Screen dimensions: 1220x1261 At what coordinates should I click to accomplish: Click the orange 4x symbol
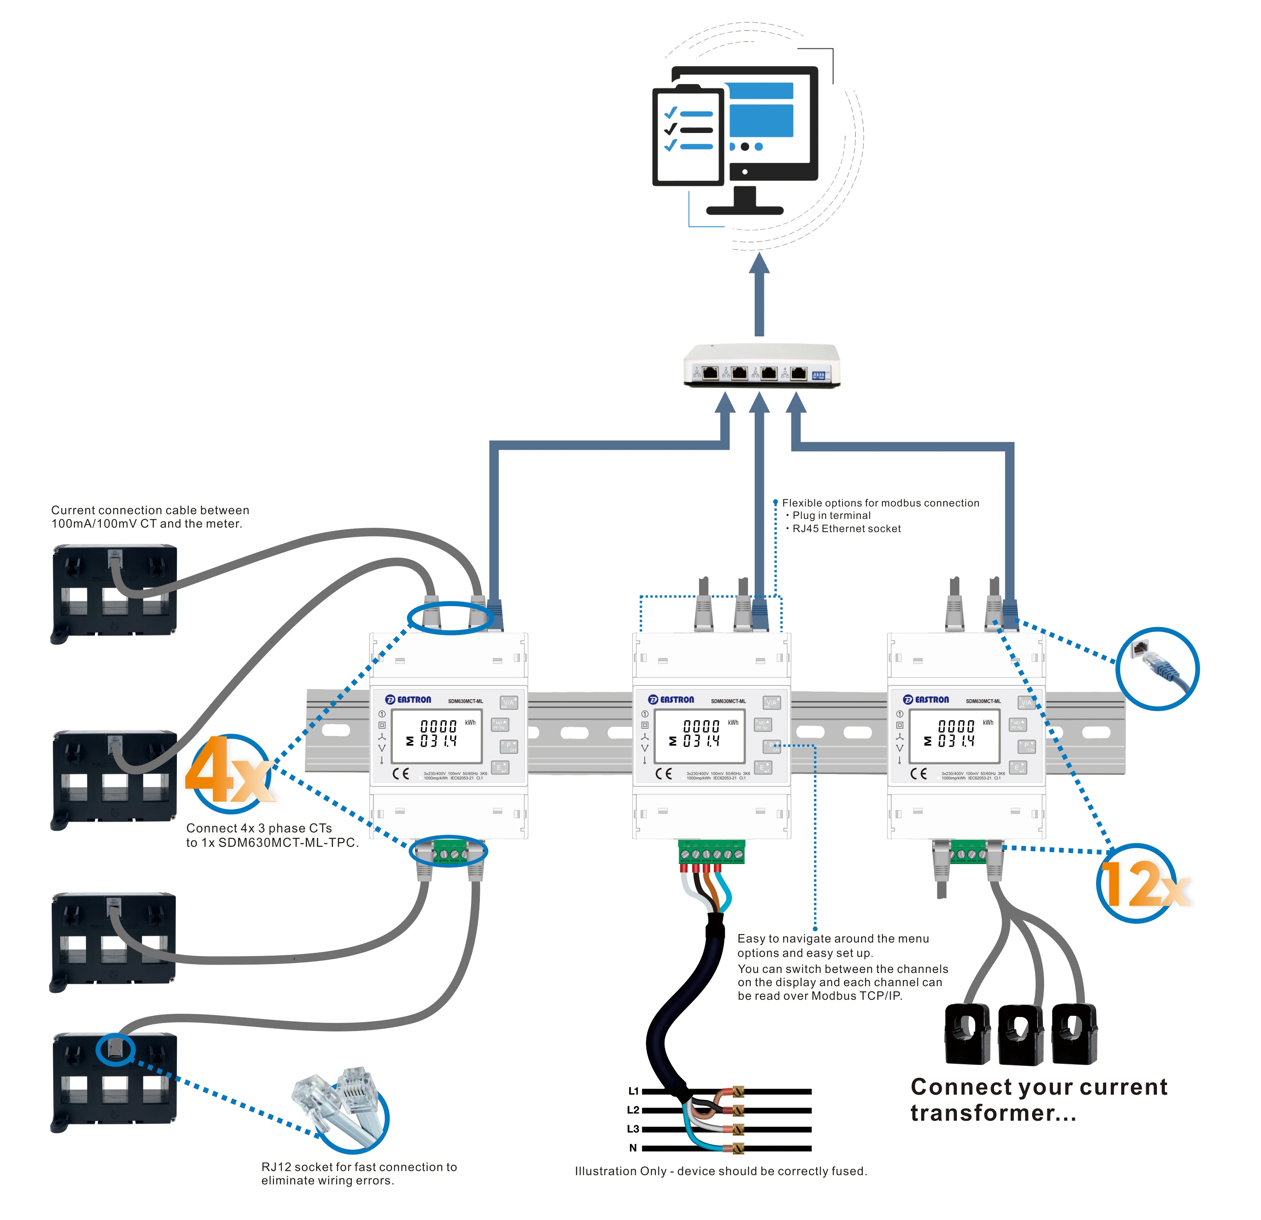coord(229,771)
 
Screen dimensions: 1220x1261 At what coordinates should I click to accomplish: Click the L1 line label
coord(633,1091)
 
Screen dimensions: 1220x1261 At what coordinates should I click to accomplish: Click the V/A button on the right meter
coord(1026,702)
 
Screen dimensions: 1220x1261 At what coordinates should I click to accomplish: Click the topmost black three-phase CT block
coord(114,589)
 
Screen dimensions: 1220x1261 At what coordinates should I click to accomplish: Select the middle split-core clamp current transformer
coord(1021,1034)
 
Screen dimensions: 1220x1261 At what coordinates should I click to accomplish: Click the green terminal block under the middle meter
coord(712,852)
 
